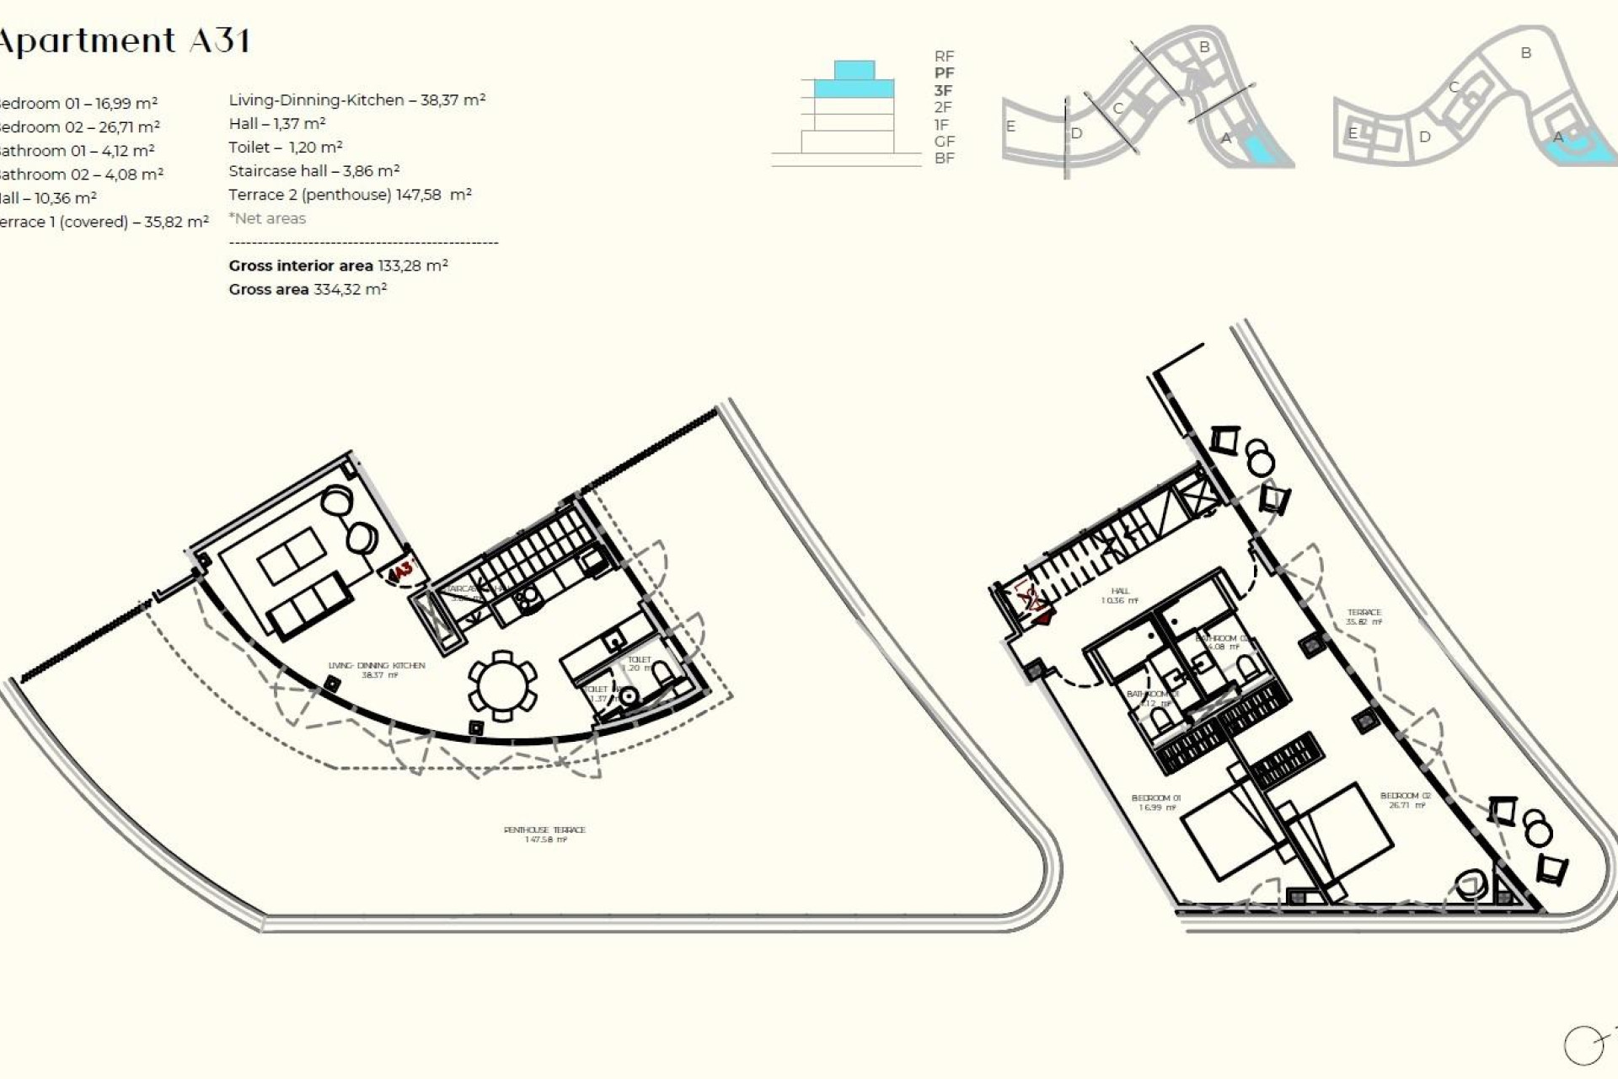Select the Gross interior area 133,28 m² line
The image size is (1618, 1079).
(x=338, y=266)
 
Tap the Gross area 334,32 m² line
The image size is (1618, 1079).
(x=308, y=289)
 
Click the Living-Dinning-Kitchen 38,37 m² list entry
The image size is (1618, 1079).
(x=356, y=99)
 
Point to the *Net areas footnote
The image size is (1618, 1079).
(x=267, y=218)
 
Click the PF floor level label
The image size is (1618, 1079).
(x=944, y=73)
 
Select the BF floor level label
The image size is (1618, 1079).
(x=944, y=158)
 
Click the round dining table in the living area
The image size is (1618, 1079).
(x=502, y=686)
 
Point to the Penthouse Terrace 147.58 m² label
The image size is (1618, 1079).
(x=544, y=834)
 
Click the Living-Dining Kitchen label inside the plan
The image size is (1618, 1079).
(x=377, y=669)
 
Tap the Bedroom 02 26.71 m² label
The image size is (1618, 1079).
(x=1405, y=800)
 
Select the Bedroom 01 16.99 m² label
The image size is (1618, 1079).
(x=1155, y=802)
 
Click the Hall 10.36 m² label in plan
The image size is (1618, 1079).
(x=1119, y=596)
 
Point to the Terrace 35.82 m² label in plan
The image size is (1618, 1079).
(x=1364, y=617)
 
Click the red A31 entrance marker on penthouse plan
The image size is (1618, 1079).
(x=402, y=571)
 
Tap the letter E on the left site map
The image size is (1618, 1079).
(x=1010, y=126)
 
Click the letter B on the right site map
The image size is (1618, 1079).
(x=1525, y=52)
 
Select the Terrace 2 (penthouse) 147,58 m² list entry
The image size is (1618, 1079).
(x=350, y=195)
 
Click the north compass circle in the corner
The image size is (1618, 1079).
(x=1583, y=1046)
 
